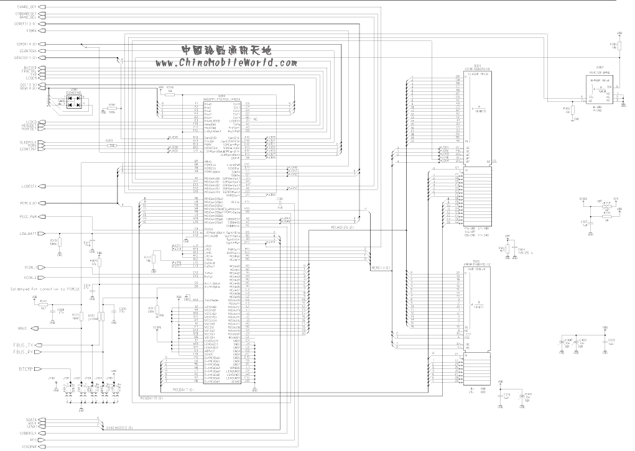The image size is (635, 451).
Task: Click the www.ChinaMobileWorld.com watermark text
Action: (x=226, y=63)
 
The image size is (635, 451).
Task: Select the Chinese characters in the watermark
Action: (x=226, y=50)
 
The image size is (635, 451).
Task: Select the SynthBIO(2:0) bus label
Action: (x=119, y=428)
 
